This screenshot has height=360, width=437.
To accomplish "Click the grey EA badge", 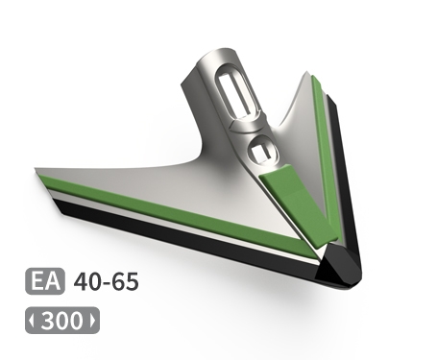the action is [45, 281].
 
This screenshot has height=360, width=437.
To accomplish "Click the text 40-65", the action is [107, 282].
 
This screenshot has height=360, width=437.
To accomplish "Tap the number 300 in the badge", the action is [62, 321].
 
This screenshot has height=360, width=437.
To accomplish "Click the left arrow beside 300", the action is [31, 321].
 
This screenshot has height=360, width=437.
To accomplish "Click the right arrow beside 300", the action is [93, 321].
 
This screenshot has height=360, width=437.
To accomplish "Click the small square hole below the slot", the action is [262, 151].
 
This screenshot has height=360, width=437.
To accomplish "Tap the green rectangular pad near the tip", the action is [298, 205].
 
